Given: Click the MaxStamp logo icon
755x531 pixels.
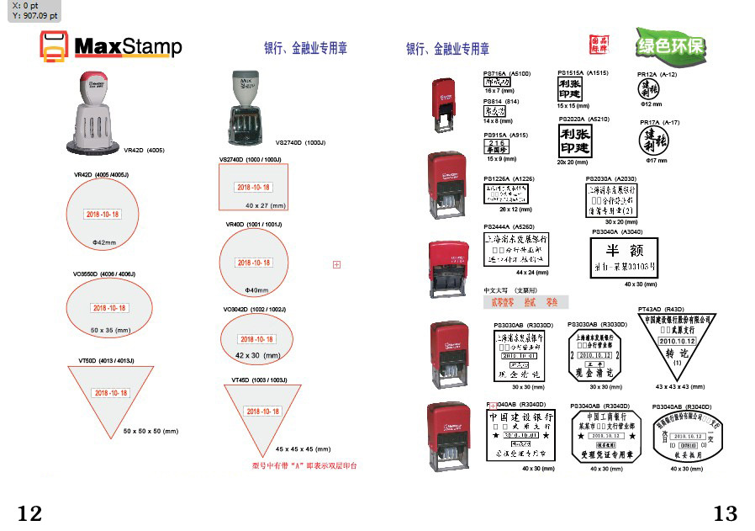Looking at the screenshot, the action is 53,46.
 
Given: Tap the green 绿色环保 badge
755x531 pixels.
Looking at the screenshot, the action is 670,45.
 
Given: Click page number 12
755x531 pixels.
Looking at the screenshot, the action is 29,512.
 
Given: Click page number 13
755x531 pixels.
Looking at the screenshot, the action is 725,512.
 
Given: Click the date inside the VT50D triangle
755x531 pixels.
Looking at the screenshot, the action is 111,393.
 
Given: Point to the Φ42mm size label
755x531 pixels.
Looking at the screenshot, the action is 103,242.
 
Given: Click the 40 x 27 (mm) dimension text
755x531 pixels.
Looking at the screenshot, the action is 266,205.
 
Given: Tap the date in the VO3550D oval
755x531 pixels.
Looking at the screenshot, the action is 109,308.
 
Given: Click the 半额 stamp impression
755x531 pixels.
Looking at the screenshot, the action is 624,258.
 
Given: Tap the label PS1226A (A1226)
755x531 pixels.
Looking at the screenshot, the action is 508,179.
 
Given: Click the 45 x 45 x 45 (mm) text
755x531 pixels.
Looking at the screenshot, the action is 303,449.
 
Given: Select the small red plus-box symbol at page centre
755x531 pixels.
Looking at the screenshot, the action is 336,265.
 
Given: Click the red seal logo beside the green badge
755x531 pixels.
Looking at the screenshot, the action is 599,44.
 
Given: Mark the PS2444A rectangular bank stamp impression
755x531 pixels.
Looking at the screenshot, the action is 515,250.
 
